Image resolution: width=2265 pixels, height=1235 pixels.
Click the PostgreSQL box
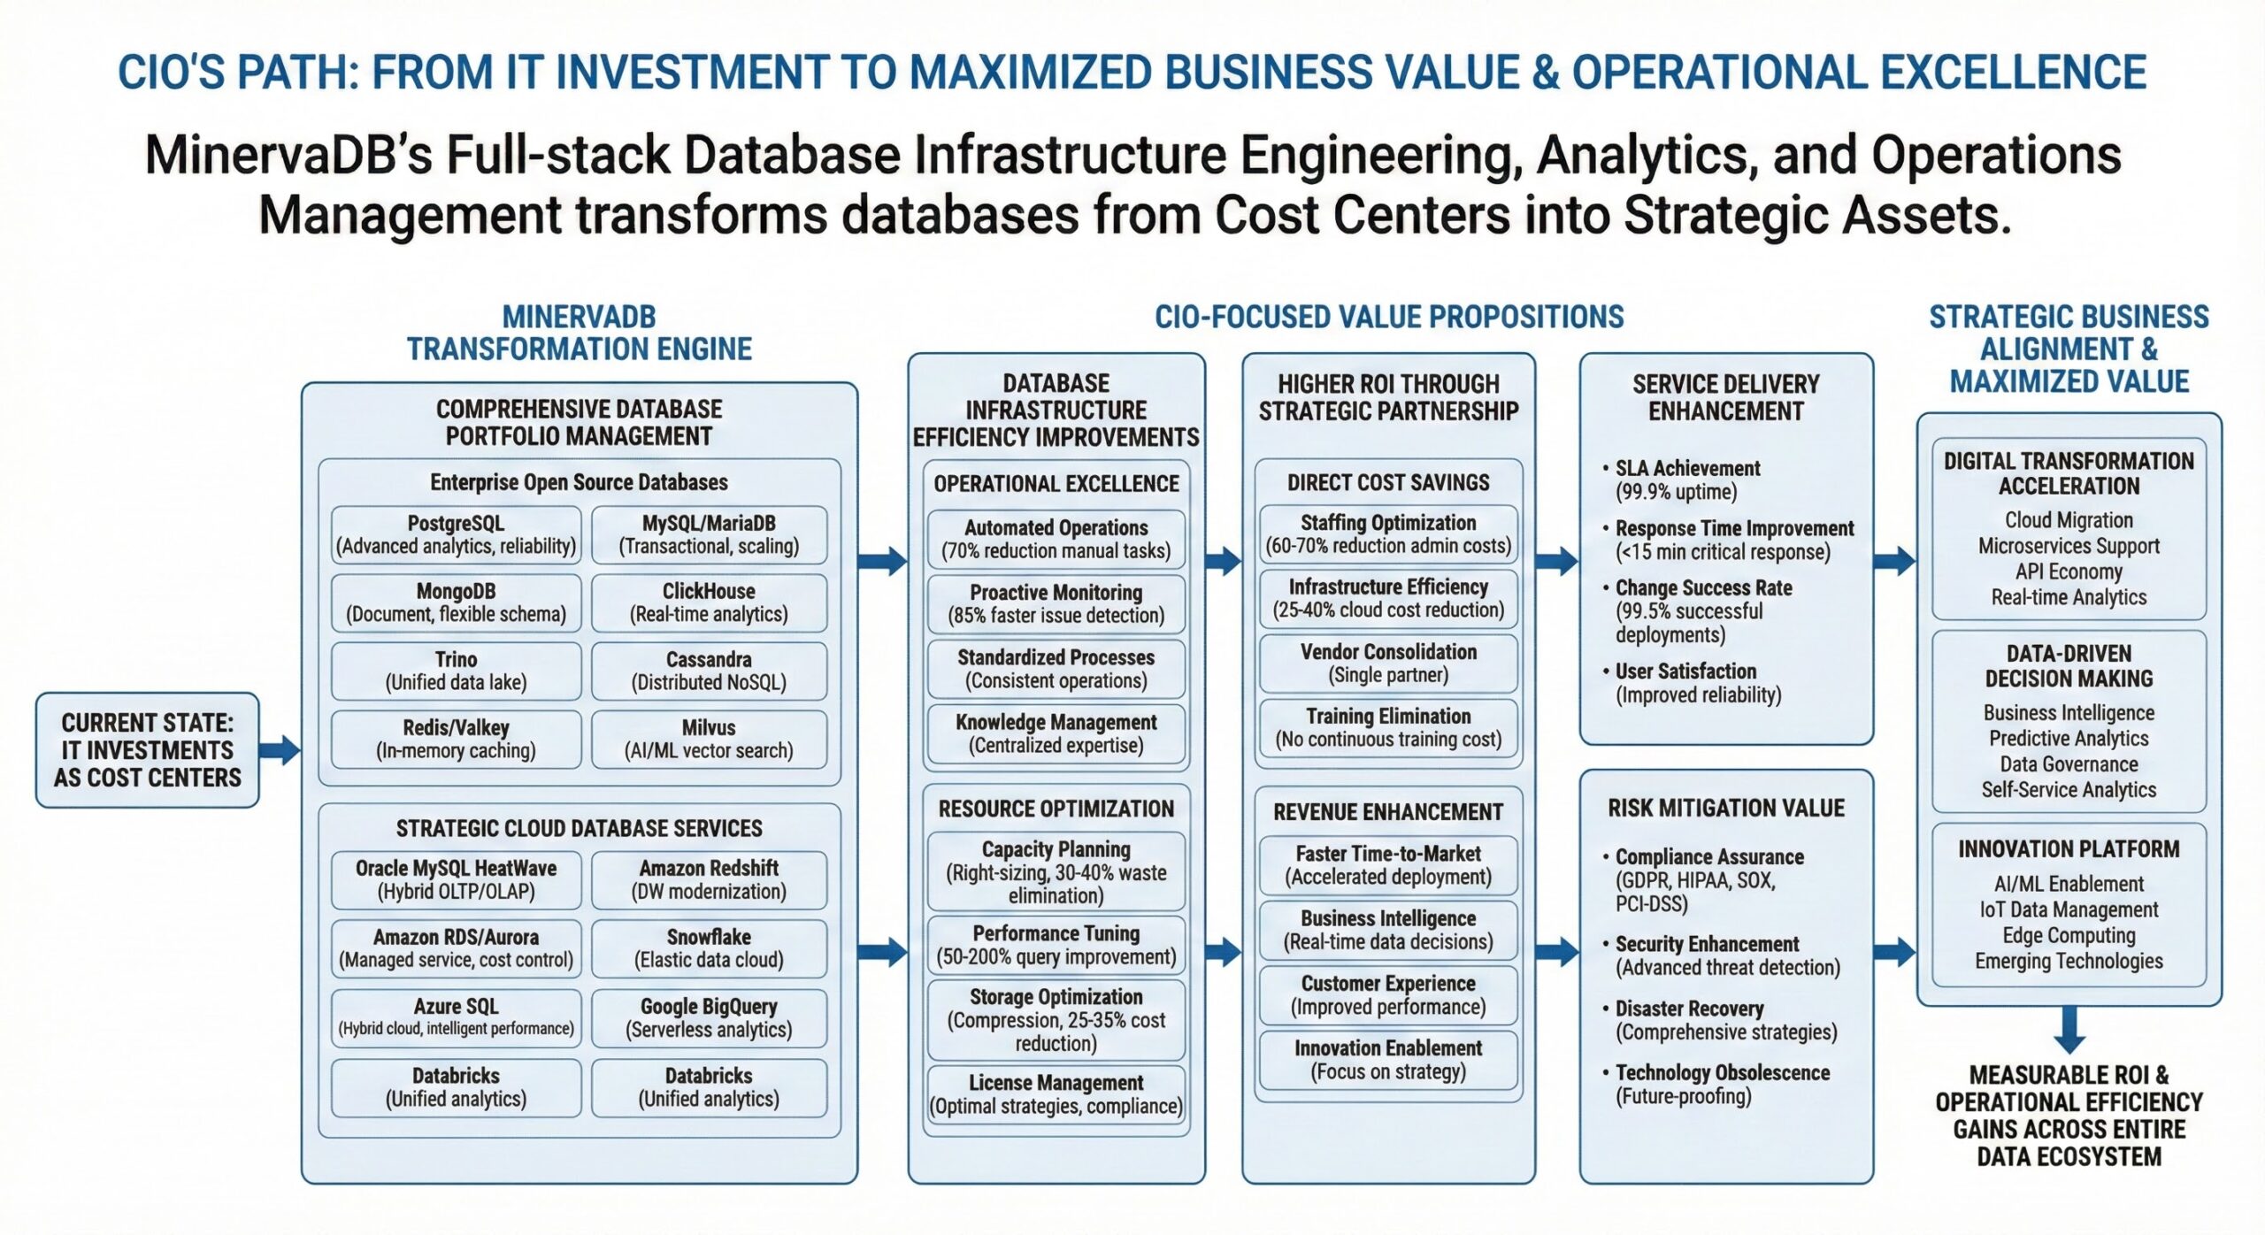coord(456,534)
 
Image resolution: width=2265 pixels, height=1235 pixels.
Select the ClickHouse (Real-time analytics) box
coord(709,602)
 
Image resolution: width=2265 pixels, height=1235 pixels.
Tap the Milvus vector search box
coord(709,739)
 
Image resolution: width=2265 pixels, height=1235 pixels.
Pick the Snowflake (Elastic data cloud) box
coord(709,947)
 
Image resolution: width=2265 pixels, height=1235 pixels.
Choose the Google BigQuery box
coord(709,1017)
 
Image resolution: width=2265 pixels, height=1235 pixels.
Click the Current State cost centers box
coord(147,750)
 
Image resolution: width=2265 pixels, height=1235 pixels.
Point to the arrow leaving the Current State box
coord(280,750)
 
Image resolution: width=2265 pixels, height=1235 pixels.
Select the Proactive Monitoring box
coord(1056,603)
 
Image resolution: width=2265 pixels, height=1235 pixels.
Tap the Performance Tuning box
coord(1056,945)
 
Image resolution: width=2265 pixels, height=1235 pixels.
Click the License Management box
coord(1056,1094)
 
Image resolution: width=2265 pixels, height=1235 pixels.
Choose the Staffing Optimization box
coord(1388,533)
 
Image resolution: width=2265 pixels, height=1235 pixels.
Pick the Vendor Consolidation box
coord(1388,663)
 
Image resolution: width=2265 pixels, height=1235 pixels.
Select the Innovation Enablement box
coord(1388,1059)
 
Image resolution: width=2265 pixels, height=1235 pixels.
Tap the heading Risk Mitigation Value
coord(1725,808)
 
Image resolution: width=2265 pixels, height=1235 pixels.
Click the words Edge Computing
coord(2069,935)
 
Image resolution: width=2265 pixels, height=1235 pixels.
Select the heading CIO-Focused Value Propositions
coord(1389,317)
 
